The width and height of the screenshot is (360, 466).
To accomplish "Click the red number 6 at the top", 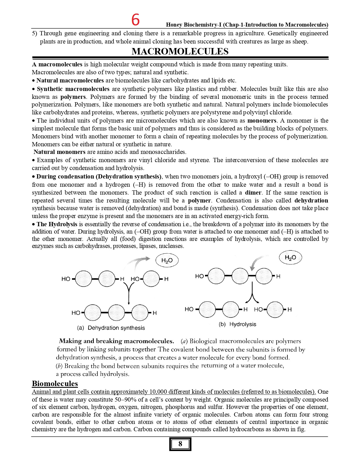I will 136,20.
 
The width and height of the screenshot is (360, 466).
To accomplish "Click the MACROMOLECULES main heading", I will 180,51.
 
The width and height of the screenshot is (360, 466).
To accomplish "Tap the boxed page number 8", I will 180,444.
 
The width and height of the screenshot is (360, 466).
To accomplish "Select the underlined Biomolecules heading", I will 55,384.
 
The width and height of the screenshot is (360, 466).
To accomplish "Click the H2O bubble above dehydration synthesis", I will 167,260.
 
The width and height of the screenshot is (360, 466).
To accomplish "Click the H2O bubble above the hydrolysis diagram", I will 290,258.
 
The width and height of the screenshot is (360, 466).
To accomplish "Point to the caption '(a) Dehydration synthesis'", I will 111,328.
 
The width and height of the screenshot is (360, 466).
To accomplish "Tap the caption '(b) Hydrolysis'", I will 237,324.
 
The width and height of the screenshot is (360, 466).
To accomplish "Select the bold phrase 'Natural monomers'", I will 59,152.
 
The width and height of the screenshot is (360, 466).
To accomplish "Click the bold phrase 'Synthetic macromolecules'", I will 73,89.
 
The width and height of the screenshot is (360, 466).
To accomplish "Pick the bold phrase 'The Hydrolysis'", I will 57,224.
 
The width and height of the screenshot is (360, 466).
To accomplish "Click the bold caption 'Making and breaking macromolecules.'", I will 116,341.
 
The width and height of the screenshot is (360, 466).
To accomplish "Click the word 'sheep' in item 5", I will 300,42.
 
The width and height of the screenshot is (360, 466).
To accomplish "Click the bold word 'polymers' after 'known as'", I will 73,97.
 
